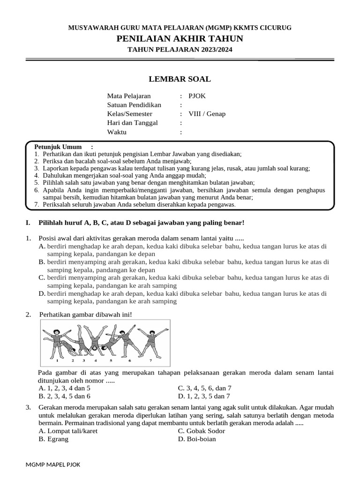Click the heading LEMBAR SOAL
point(180,79)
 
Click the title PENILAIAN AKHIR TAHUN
point(180,38)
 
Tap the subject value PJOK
point(197,96)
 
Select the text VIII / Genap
point(207,114)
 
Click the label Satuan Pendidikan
point(134,105)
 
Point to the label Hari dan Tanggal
point(133,123)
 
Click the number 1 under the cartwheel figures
point(57,361)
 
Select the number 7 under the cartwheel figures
point(150,361)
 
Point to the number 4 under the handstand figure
point(96,361)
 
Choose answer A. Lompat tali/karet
point(68,431)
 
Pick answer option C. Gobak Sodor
point(202,431)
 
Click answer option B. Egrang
point(54,439)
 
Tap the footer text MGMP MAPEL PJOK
point(53,465)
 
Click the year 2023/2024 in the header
point(211,49)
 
